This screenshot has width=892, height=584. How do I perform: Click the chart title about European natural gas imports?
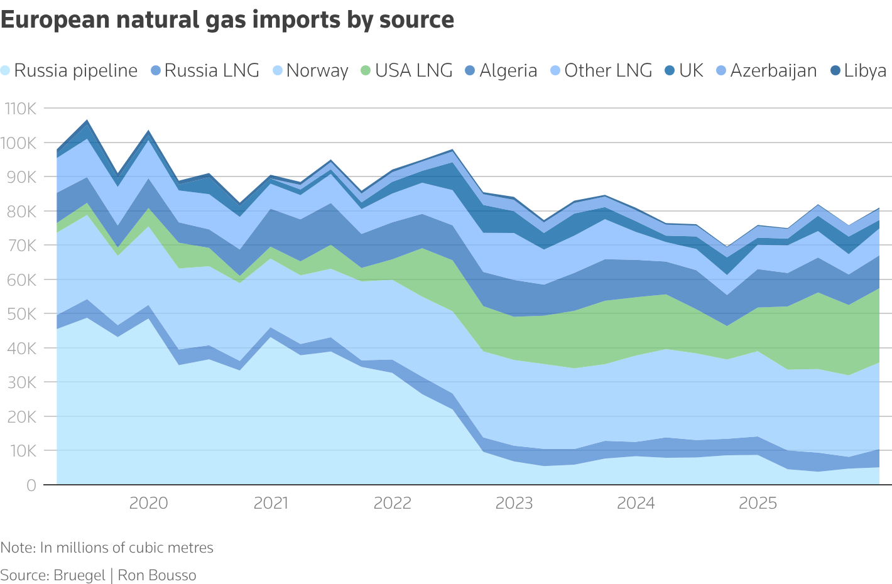pos(227,20)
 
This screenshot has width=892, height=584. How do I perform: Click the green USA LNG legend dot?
pos(366,71)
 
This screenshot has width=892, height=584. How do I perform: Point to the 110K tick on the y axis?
pos(21,109)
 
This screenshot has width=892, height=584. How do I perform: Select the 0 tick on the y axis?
pos(31,485)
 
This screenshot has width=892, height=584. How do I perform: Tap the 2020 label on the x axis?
pos(148,503)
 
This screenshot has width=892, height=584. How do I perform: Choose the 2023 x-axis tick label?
pos(514,503)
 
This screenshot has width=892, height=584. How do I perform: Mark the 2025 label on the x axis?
pos(758,503)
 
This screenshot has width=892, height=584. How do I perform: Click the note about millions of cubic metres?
pos(107,548)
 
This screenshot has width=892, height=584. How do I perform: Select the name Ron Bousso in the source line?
pos(157,575)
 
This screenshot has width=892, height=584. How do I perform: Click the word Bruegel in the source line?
pos(79,575)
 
